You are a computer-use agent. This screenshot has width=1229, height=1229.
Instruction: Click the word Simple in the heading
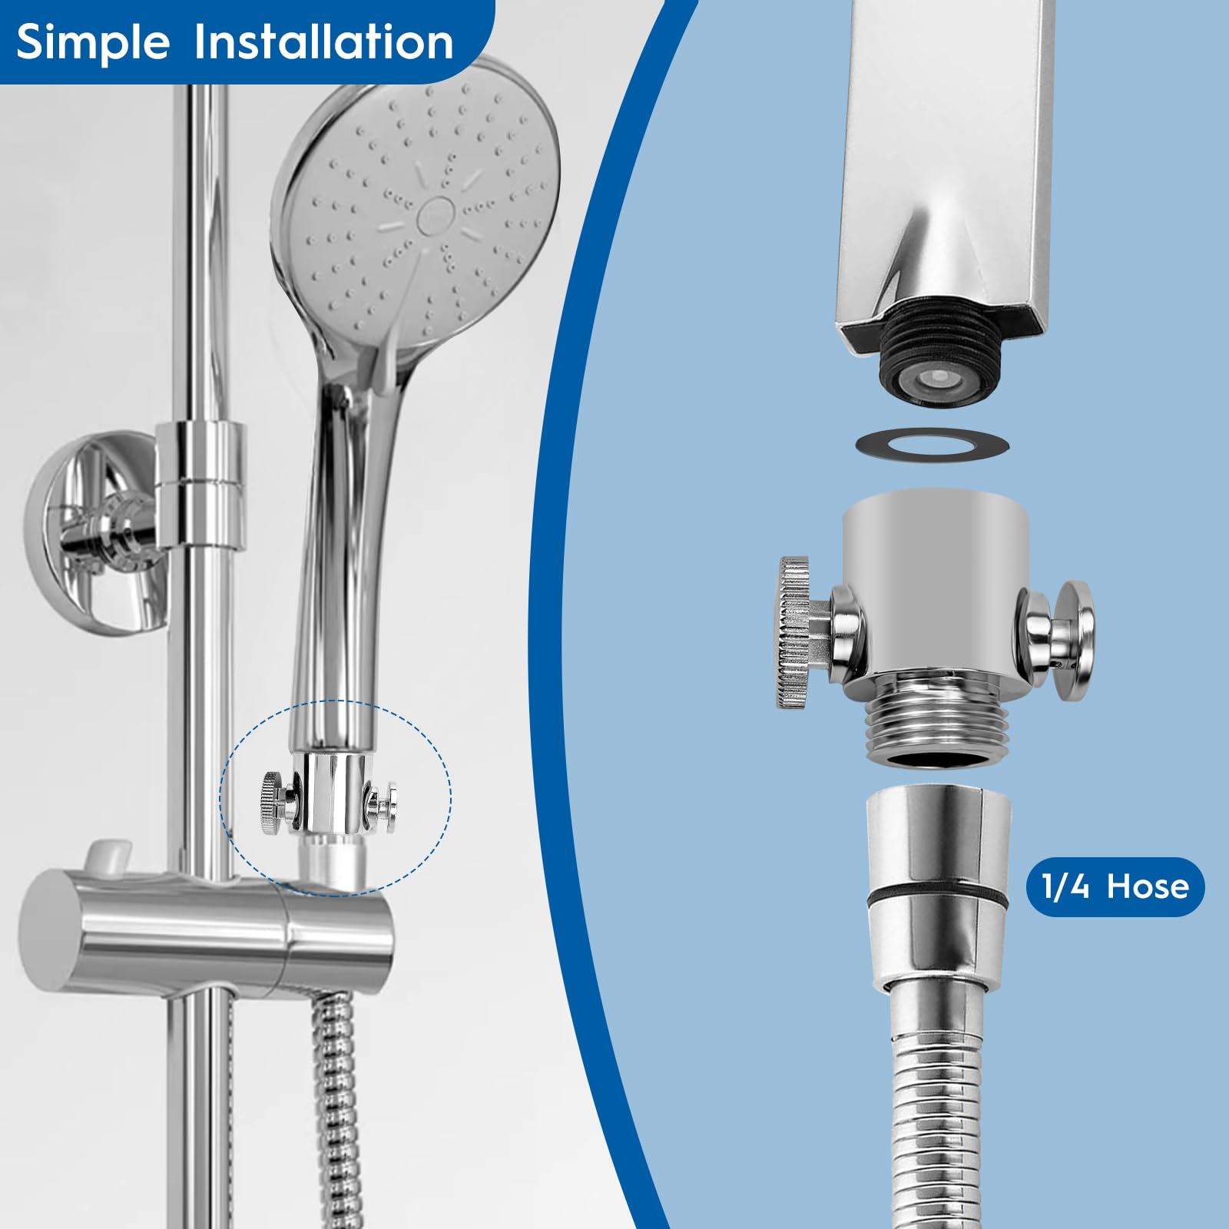93,42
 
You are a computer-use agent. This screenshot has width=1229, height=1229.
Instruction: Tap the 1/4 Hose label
1115,886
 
